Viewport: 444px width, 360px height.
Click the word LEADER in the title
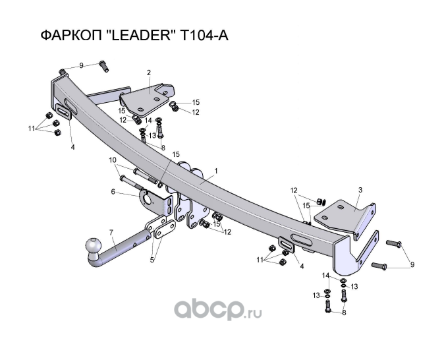(x=140, y=36)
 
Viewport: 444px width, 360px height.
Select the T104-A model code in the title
(x=204, y=36)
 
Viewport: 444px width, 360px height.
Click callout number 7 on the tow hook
(x=111, y=233)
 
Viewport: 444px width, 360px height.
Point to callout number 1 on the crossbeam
(x=216, y=171)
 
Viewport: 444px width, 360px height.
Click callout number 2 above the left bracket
(x=149, y=73)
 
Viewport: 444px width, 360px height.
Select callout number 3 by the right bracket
(x=360, y=190)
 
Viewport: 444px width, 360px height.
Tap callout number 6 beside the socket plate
(x=113, y=192)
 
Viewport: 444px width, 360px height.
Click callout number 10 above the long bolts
(x=113, y=160)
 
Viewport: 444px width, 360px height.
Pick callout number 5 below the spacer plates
(x=152, y=260)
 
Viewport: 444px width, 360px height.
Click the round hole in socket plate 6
(x=148, y=198)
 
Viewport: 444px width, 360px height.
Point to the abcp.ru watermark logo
(x=218, y=309)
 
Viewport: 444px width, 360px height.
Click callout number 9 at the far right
(x=412, y=264)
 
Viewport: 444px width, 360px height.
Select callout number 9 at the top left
(x=81, y=66)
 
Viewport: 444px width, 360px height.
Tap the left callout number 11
(x=32, y=129)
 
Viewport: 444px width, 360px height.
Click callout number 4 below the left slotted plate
(x=72, y=147)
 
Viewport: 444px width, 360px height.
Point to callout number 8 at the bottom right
(x=344, y=313)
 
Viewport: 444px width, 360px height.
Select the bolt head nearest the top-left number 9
(x=102, y=63)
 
